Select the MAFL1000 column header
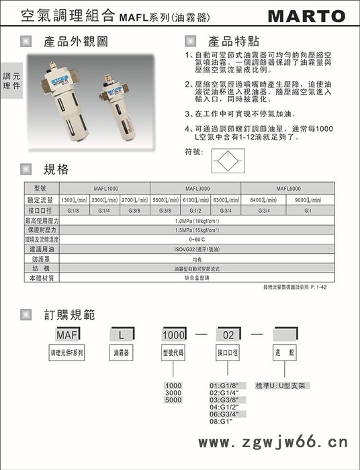click(x=104, y=188)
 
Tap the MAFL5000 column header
click(x=286, y=188)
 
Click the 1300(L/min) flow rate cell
click(x=75, y=199)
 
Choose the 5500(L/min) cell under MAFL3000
click(x=165, y=199)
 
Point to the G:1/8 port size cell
click(x=75, y=210)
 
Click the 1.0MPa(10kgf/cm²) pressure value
click(x=195, y=220)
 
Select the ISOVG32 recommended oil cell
click(x=195, y=248)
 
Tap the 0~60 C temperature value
click(x=195, y=239)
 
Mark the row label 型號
click(x=42, y=188)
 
